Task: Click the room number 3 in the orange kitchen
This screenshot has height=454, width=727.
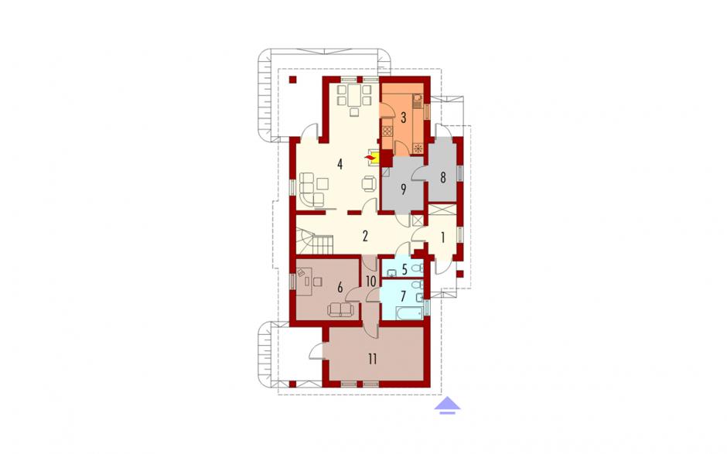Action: click(x=404, y=118)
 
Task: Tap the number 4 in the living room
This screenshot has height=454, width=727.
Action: click(x=340, y=164)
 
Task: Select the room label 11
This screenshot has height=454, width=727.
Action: click(x=372, y=360)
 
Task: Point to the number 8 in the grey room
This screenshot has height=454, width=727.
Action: click(x=443, y=178)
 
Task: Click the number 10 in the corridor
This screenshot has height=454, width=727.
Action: click(x=371, y=282)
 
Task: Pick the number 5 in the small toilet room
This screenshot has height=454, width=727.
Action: click(x=404, y=269)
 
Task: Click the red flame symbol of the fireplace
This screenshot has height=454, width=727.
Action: click(x=370, y=159)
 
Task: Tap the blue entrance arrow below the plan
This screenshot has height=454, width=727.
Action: click(x=448, y=405)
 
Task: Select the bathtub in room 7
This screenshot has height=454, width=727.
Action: click(x=411, y=313)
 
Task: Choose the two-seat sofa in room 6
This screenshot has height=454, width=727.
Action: click(x=340, y=309)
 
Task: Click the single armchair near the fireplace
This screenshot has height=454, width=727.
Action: click(x=369, y=183)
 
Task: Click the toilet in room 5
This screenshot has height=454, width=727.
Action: click(x=418, y=268)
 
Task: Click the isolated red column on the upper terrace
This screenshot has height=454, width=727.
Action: click(x=292, y=80)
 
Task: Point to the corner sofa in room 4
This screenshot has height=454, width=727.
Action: click(x=311, y=189)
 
